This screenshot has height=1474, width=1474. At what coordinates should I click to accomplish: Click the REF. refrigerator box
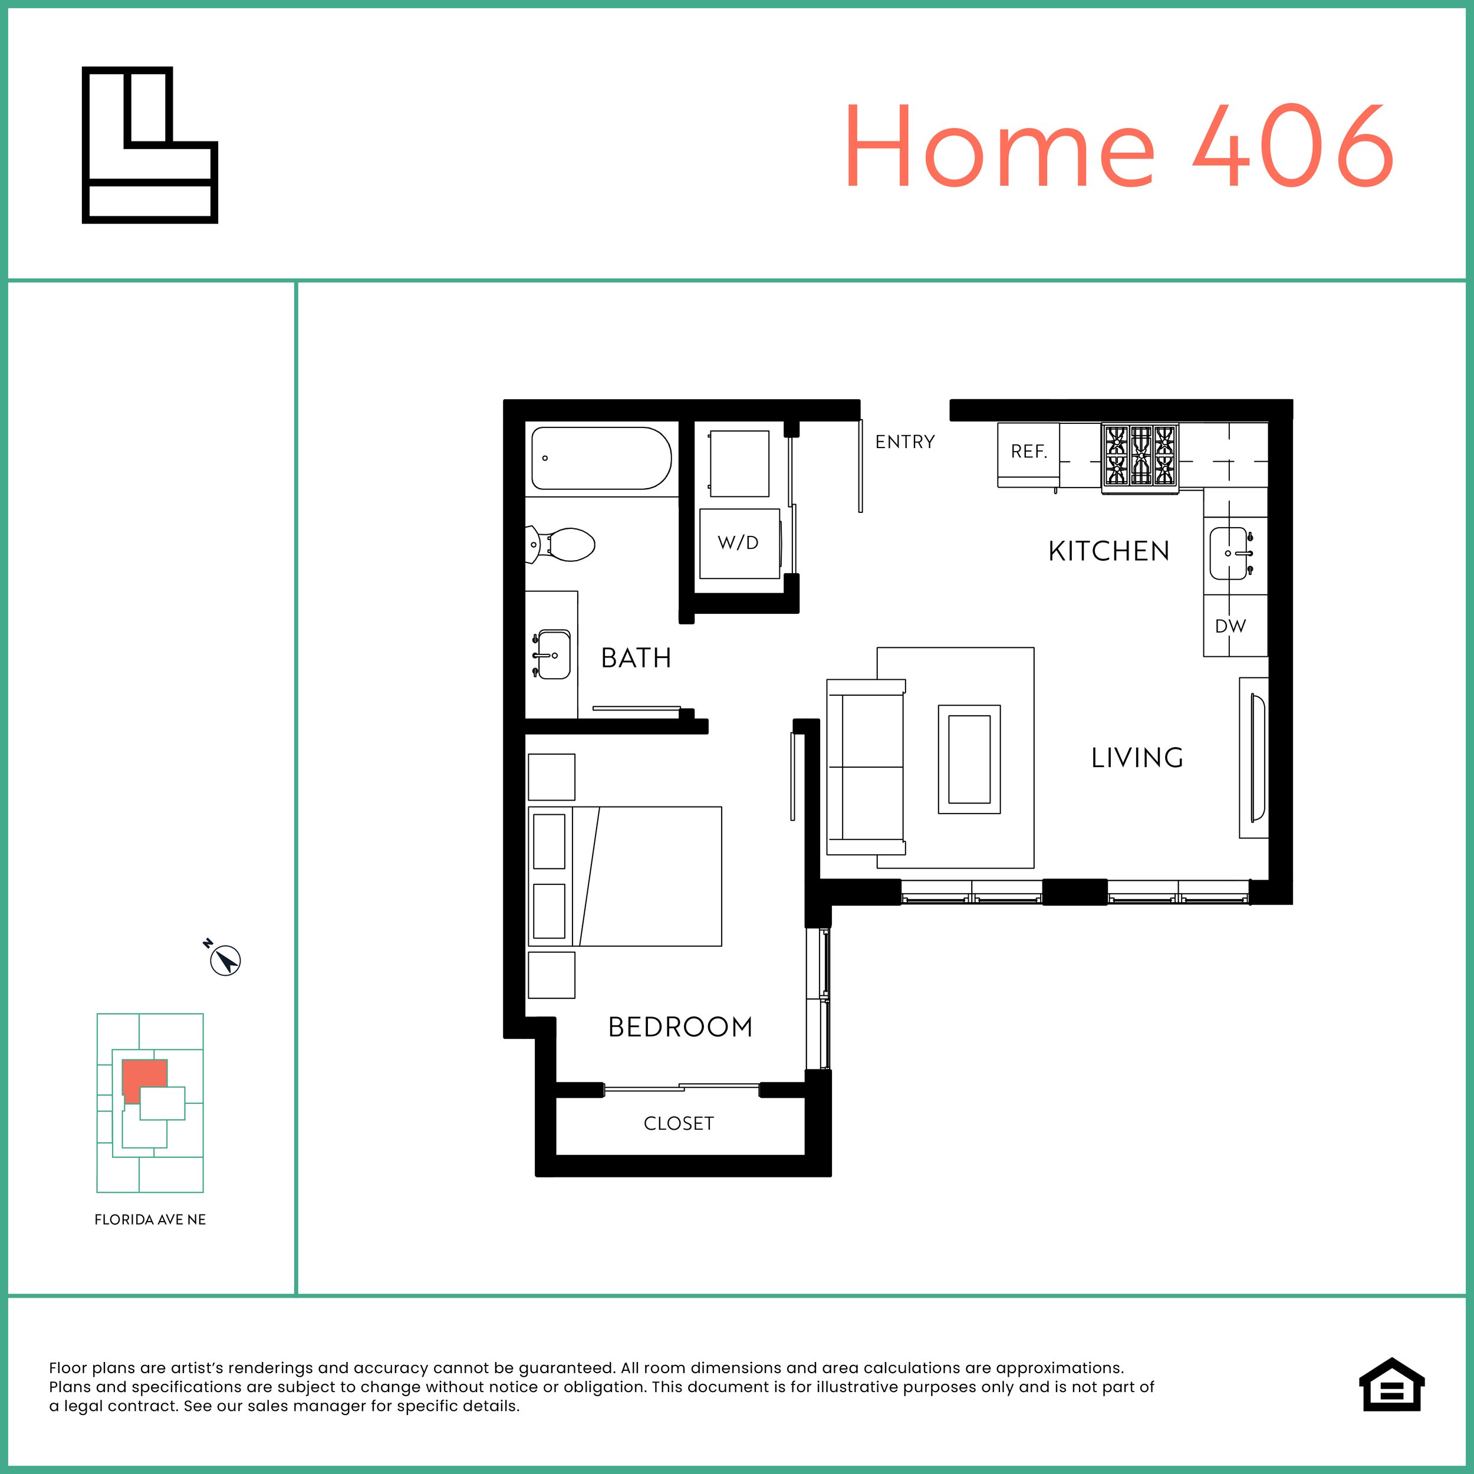click(1028, 451)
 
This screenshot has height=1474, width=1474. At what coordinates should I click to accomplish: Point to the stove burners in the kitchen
click(1140, 456)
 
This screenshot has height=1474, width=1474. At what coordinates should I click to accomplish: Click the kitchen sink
click(1230, 553)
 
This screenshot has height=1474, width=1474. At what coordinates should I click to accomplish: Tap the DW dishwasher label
click(1230, 626)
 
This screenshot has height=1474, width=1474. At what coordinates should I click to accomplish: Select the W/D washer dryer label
click(738, 542)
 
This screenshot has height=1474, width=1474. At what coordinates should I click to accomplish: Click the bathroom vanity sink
click(552, 654)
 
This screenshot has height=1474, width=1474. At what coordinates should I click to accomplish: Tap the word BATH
click(636, 657)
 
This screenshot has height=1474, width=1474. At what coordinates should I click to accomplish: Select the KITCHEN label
click(1108, 551)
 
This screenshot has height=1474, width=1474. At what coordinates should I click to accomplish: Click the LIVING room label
click(1137, 758)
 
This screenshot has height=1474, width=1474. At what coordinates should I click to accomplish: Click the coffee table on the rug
click(969, 759)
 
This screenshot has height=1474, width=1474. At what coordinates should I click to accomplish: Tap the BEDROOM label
click(680, 1027)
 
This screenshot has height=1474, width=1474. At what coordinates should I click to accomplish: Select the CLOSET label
click(678, 1123)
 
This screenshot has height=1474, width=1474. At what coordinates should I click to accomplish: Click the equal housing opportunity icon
click(1391, 1406)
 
